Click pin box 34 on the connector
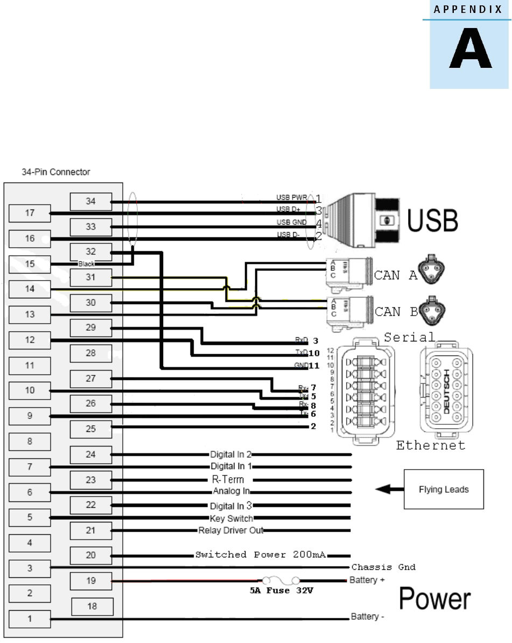(91, 201)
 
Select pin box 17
(30, 213)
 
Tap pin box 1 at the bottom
(30, 619)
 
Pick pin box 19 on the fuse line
(91, 581)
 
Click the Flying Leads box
(444, 490)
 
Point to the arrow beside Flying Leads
(386, 490)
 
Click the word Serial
(409, 338)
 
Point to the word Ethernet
(431, 445)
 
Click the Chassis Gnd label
(383, 567)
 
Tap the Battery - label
(367, 616)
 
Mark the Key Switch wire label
(231, 519)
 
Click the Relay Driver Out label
(230, 530)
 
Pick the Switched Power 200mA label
(261, 555)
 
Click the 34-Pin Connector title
(52, 172)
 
